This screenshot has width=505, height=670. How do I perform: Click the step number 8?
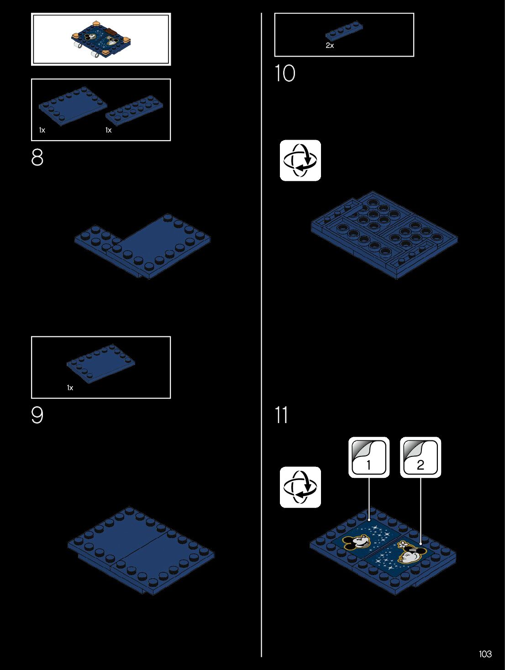pyautogui.click(x=37, y=157)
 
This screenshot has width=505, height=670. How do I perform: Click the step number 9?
pyautogui.click(x=37, y=415)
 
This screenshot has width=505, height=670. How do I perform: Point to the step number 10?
pyautogui.click(x=285, y=73)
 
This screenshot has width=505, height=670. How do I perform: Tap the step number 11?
pyautogui.click(x=281, y=415)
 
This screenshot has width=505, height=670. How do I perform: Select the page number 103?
pyautogui.click(x=485, y=654)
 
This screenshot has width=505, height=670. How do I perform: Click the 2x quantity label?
pyautogui.click(x=330, y=46)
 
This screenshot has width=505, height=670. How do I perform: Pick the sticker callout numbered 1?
pyautogui.click(x=369, y=457)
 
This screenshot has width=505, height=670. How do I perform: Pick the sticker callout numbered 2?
pyautogui.click(x=421, y=457)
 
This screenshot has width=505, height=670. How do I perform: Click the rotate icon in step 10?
pyautogui.click(x=300, y=161)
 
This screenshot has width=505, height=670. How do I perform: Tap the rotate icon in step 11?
pyautogui.click(x=300, y=487)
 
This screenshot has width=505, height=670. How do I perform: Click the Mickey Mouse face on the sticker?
pyautogui.click(x=357, y=542)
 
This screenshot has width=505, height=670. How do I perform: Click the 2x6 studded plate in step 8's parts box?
pyautogui.click(x=134, y=110)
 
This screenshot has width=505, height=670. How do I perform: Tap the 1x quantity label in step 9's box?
pyautogui.click(x=70, y=387)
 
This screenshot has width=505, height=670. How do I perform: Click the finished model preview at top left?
pyautogui.click(x=101, y=39)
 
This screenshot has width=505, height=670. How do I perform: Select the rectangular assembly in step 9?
pyautogui.click(x=141, y=550)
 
